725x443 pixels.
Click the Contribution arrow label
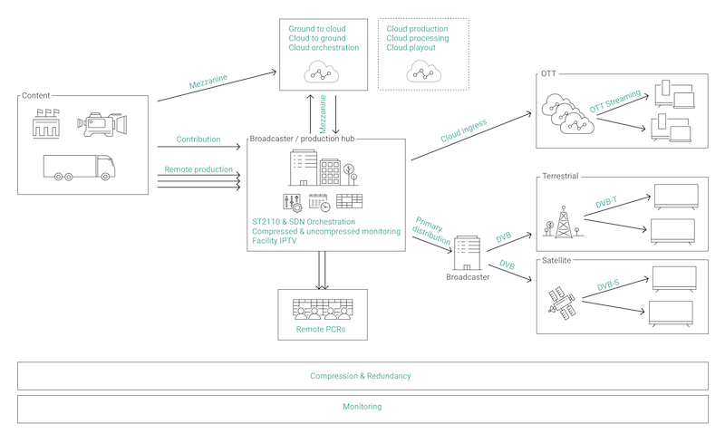click(199, 140)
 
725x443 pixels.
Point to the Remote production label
click(198, 170)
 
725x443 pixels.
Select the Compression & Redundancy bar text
click(361, 376)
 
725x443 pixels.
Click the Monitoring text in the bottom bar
click(362, 407)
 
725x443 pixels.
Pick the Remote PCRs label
click(321, 332)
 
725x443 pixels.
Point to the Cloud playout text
click(411, 48)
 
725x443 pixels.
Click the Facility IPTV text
click(277, 242)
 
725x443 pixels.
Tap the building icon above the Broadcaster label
click(468, 253)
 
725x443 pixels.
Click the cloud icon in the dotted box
click(423, 71)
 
